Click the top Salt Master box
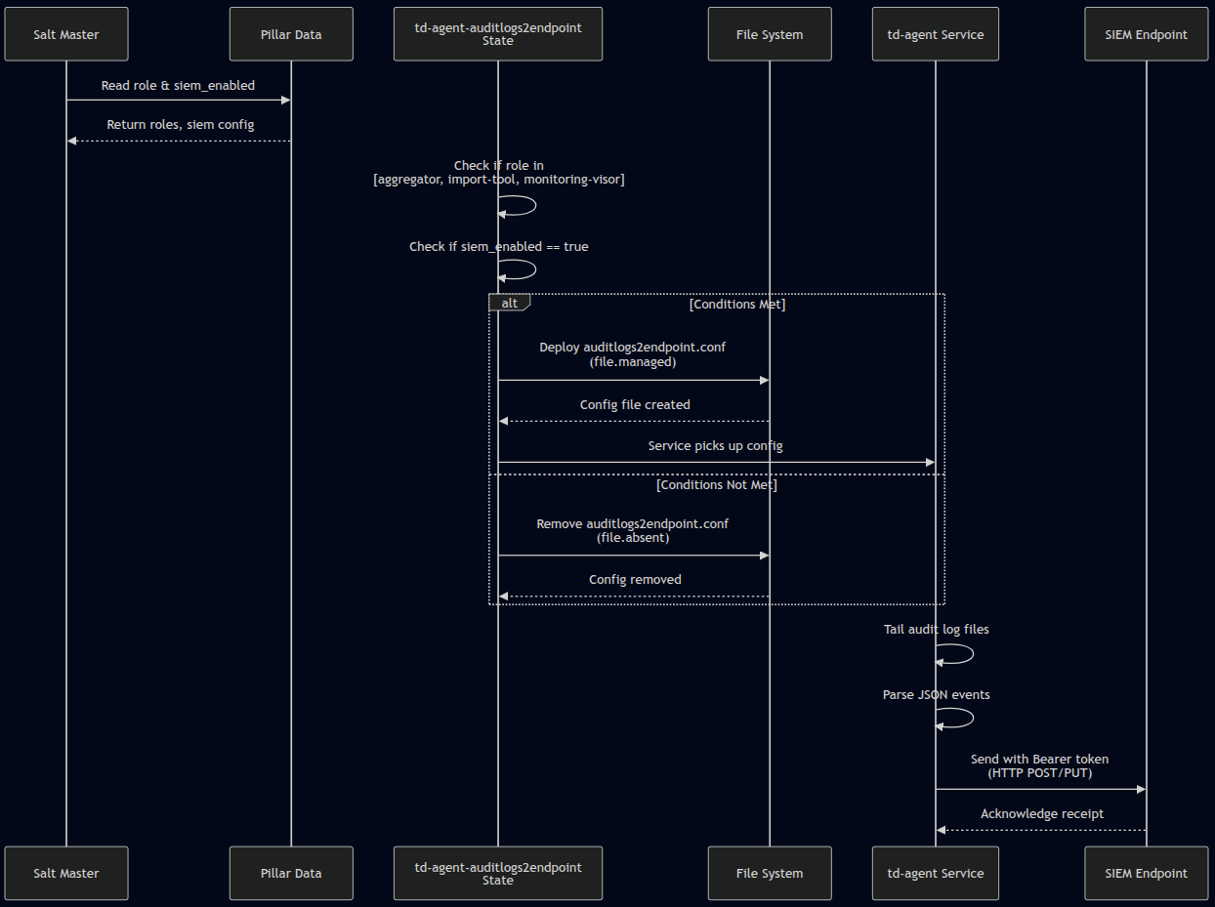pos(66,34)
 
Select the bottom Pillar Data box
pos(291,873)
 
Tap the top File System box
pos(770,34)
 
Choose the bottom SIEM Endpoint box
pos(1146,873)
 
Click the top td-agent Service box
pos(936,34)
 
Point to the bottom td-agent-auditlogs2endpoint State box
pos(498,873)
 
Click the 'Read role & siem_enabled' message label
pos(178,86)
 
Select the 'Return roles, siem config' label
pos(181,125)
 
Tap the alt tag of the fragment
pos(509,303)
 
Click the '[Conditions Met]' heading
pos(737,304)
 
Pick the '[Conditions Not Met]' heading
pos(717,484)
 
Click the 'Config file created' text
pos(635,404)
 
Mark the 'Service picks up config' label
pos(716,445)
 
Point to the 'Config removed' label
pos(635,579)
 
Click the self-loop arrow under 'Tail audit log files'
pos(962,654)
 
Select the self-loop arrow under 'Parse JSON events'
pos(962,719)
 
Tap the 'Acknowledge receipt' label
pos(1042,813)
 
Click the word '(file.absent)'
pos(633,537)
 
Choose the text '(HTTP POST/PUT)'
pos(1040,772)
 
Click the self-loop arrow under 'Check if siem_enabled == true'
pos(525,269)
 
